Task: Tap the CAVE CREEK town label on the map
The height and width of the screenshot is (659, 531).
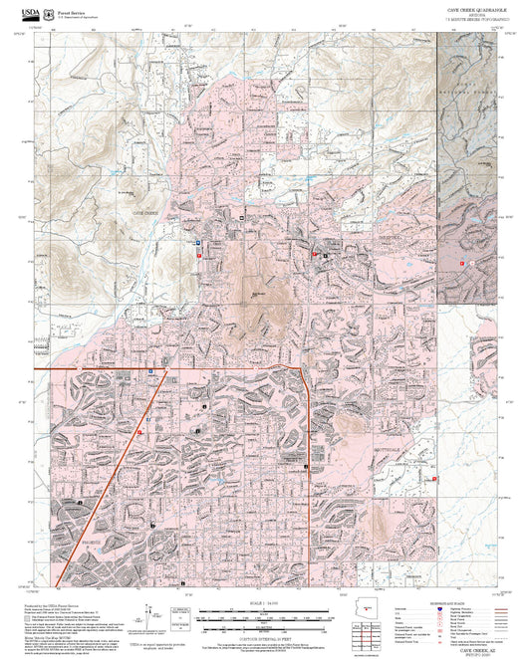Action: click(x=144, y=213)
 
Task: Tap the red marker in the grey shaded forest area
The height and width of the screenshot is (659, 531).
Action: click(x=464, y=261)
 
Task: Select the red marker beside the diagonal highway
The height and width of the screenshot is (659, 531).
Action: click(x=139, y=433)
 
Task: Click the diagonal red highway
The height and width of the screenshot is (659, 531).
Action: click(x=110, y=478)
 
